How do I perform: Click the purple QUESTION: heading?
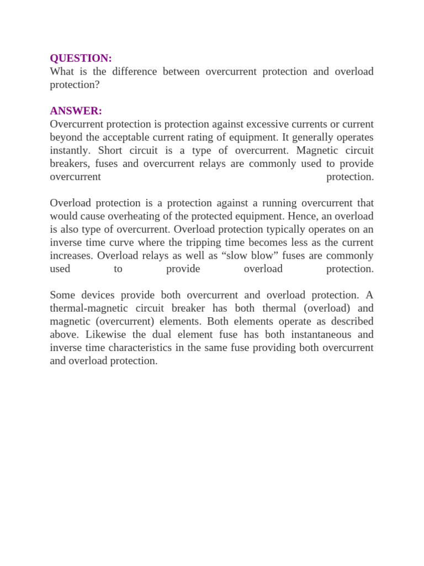[x=81, y=58]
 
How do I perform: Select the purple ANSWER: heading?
[x=76, y=111]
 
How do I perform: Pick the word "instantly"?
[x=70, y=150]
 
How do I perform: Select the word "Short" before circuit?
[x=110, y=150]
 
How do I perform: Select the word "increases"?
[x=72, y=256]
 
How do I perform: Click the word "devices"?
[x=96, y=295]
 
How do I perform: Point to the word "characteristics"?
[x=145, y=348]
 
